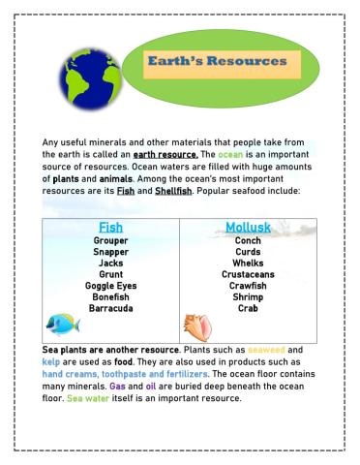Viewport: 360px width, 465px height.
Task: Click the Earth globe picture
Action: click(x=90, y=83)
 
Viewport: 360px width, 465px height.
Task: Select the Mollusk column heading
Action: click(x=248, y=228)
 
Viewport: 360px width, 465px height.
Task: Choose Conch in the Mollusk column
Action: click(x=248, y=241)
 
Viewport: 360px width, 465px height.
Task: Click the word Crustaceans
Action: click(x=248, y=275)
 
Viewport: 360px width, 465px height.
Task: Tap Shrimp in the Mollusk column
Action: click(x=248, y=297)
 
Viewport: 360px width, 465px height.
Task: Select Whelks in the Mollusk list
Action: click(x=248, y=263)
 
